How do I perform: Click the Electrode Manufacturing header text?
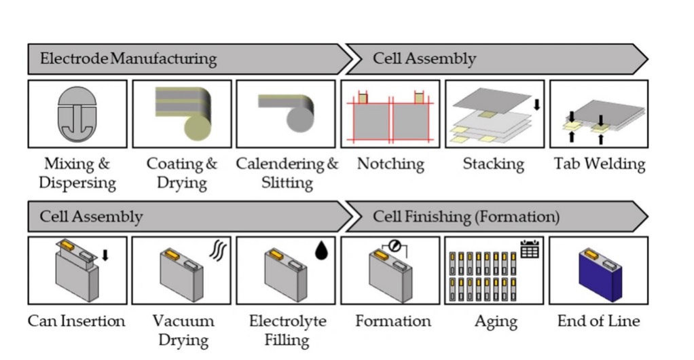(x=128, y=58)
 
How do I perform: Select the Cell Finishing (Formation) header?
(x=466, y=217)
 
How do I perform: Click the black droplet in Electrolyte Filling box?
(x=321, y=251)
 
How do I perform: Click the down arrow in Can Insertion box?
(x=105, y=255)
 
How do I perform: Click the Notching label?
(x=390, y=164)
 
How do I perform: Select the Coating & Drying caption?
(x=181, y=173)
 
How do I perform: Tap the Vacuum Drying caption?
(x=183, y=330)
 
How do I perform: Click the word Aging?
(x=496, y=321)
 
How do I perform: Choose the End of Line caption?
(x=598, y=321)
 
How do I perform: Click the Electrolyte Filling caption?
(x=287, y=330)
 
